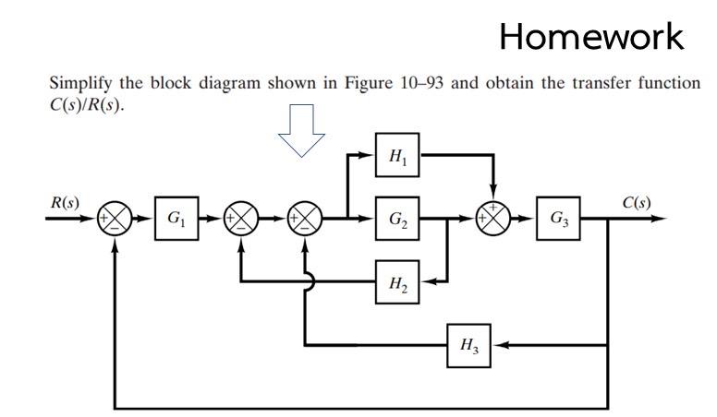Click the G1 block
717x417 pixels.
(x=176, y=220)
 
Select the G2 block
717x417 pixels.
(x=397, y=220)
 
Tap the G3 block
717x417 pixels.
(x=559, y=220)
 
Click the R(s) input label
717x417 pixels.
(x=65, y=201)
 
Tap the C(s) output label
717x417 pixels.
(x=638, y=201)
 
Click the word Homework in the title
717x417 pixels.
(x=591, y=37)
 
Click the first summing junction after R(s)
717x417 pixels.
(x=115, y=220)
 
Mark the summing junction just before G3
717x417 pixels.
(x=492, y=220)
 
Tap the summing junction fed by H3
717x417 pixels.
(x=305, y=220)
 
